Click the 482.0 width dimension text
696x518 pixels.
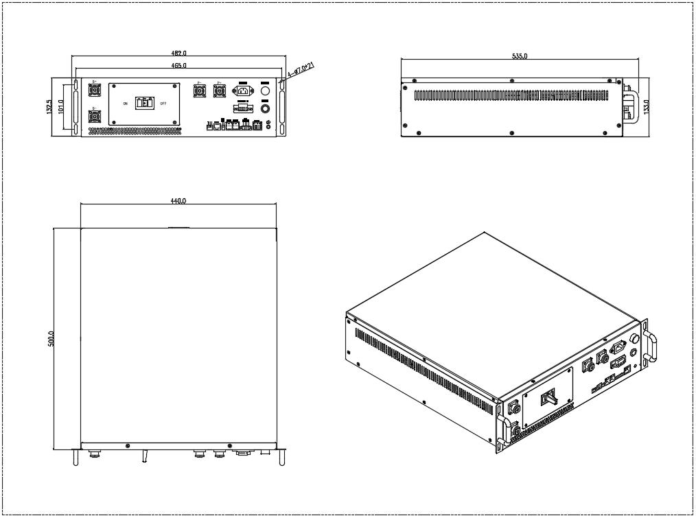tap(178, 53)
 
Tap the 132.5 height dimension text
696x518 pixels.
tap(49, 107)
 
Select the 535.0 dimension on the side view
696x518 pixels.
tap(520, 56)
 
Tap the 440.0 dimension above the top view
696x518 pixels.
tap(178, 201)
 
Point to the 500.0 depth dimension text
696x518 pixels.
tap(51, 339)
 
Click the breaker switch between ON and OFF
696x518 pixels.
tap(144, 104)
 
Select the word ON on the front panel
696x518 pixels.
tap(125, 104)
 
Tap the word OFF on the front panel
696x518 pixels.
tap(163, 104)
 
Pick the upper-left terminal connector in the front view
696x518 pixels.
tap(95, 90)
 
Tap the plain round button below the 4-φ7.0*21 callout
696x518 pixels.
tap(266, 90)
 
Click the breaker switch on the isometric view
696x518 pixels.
tap(548, 398)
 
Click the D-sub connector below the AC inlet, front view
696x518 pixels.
tap(242, 108)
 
